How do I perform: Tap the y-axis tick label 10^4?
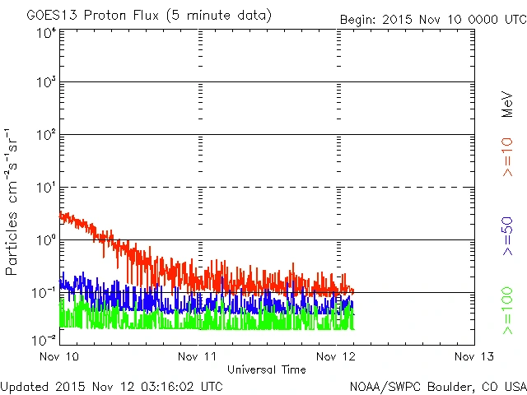tap(46, 33)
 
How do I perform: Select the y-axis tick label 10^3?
tap(46, 83)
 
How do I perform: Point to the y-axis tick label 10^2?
tap(46, 136)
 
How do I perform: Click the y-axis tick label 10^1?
tap(46, 188)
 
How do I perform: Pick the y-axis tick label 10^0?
tap(46, 240)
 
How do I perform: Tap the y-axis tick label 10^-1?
tap(44, 293)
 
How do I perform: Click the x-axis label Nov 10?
tap(59, 356)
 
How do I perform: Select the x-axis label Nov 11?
tap(198, 356)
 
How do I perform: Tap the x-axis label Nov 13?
tap(474, 356)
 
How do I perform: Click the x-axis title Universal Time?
tap(267, 369)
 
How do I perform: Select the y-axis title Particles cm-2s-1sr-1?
tap(13, 201)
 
